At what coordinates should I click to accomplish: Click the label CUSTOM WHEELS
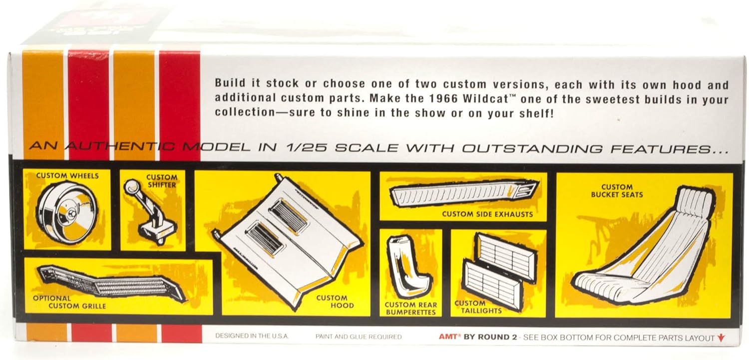[x=67, y=176]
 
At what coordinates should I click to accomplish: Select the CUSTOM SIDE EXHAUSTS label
[x=487, y=214]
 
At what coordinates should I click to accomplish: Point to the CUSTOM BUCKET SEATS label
[x=617, y=191]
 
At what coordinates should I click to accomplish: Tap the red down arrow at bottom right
[x=721, y=338]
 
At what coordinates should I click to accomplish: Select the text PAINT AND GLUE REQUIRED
[x=359, y=337]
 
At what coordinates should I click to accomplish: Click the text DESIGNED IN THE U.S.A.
[x=252, y=336]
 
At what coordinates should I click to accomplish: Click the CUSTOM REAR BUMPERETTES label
[x=410, y=309]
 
